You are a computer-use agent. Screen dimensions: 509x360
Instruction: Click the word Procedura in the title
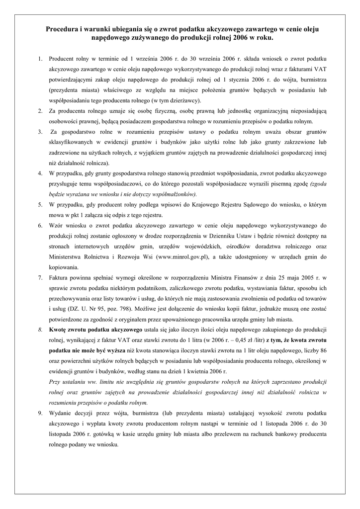click(62, 29)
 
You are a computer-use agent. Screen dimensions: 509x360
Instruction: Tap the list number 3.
click(40, 132)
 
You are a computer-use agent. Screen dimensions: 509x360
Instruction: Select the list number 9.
click(40, 413)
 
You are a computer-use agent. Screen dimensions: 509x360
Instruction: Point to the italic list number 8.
click(40, 330)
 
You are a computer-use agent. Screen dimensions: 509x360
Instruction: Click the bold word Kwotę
click(59, 330)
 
